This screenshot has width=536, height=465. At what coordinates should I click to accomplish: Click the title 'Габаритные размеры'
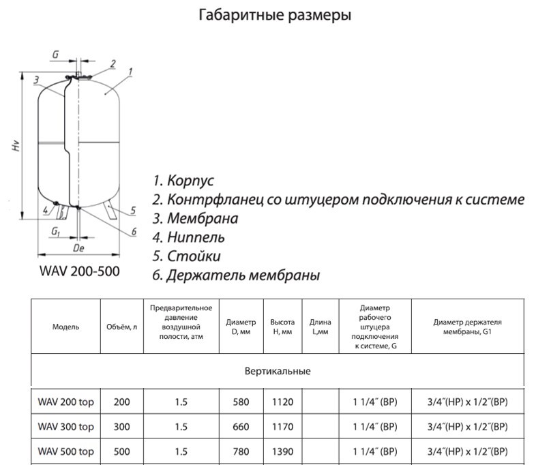click(x=275, y=15)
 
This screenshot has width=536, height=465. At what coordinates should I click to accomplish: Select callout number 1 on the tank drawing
click(x=130, y=71)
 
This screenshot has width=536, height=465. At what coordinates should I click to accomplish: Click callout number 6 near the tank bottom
click(x=134, y=232)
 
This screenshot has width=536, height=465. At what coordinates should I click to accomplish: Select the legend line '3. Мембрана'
click(x=195, y=219)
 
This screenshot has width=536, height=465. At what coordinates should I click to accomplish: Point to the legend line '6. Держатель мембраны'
click(x=236, y=275)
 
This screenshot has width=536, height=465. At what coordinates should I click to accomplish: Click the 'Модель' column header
click(x=65, y=327)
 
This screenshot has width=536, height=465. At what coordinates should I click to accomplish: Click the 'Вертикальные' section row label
click(x=277, y=372)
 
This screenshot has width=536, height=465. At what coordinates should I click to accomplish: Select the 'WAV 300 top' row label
click(x=65, y=427)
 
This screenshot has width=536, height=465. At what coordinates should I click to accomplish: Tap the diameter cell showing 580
click(x=241, y=403)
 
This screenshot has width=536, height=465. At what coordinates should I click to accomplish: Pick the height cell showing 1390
click(x=282, y=451)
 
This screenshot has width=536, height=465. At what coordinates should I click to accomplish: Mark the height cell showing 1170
click(x=282, y=427)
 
